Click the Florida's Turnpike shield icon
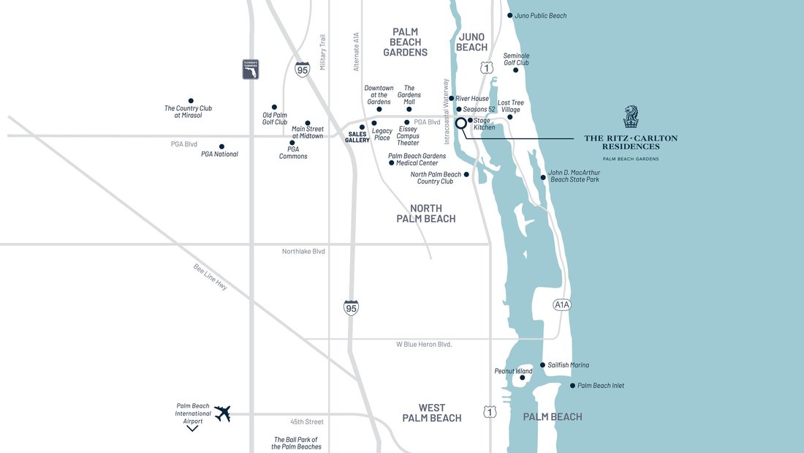pyautogui.click(x=251, y=70)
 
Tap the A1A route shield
pyautogui.click(x=561, y=304)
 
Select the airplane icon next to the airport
pyautogui.click(x=223, y=413)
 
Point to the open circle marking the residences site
pyautogui.click(x=461, y=123)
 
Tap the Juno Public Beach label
pyautogui.click(x=541, y=15)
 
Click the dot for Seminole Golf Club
pyautogui.click(x=516, y=70)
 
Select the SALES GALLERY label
pyautogui.click(x=357, y=137)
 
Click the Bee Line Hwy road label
pyautogui.click(x=211, y=277)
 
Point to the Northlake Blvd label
pyautogui.click(x=303, y=252)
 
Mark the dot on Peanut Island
pyautogui.click(x=522, y=378)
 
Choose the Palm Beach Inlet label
pyautogui.click(x=600, y=386)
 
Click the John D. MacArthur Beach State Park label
pyautogui.click(x=574, y=176)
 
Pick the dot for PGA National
pyautogui.click(x=221, y=146)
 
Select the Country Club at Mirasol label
pyautogui.click(x=188, y=112)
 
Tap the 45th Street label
pyautogui.click(x=307, y=422)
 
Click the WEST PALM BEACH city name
pyautogui.click(x=431, y=413)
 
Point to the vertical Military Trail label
pyautogui.click(x=323, y=53)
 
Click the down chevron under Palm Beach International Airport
pyautogui.click(x=192, y=427)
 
